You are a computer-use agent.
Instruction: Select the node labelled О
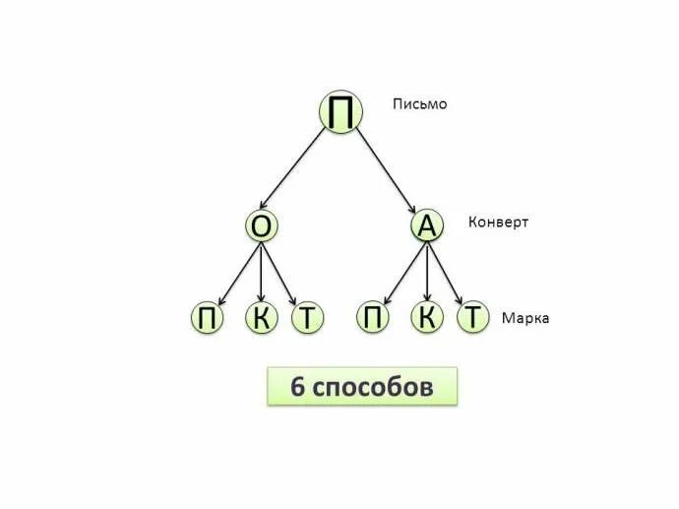point(261,227)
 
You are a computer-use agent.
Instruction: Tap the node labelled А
point(426,226)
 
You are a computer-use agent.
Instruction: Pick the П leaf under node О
point(207,318)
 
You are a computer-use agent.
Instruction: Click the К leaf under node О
point(261,318)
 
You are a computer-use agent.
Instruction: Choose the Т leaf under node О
point(308,318)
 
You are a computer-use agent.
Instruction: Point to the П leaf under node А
point(373,317)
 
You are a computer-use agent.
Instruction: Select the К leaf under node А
point(426,317)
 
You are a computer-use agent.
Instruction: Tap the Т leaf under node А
point(474,317)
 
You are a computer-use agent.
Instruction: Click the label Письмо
point(419,103)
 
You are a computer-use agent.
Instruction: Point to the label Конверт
point(498,222)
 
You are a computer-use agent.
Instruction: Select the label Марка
point(525,318)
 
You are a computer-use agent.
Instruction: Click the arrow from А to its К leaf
point(426,272)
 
